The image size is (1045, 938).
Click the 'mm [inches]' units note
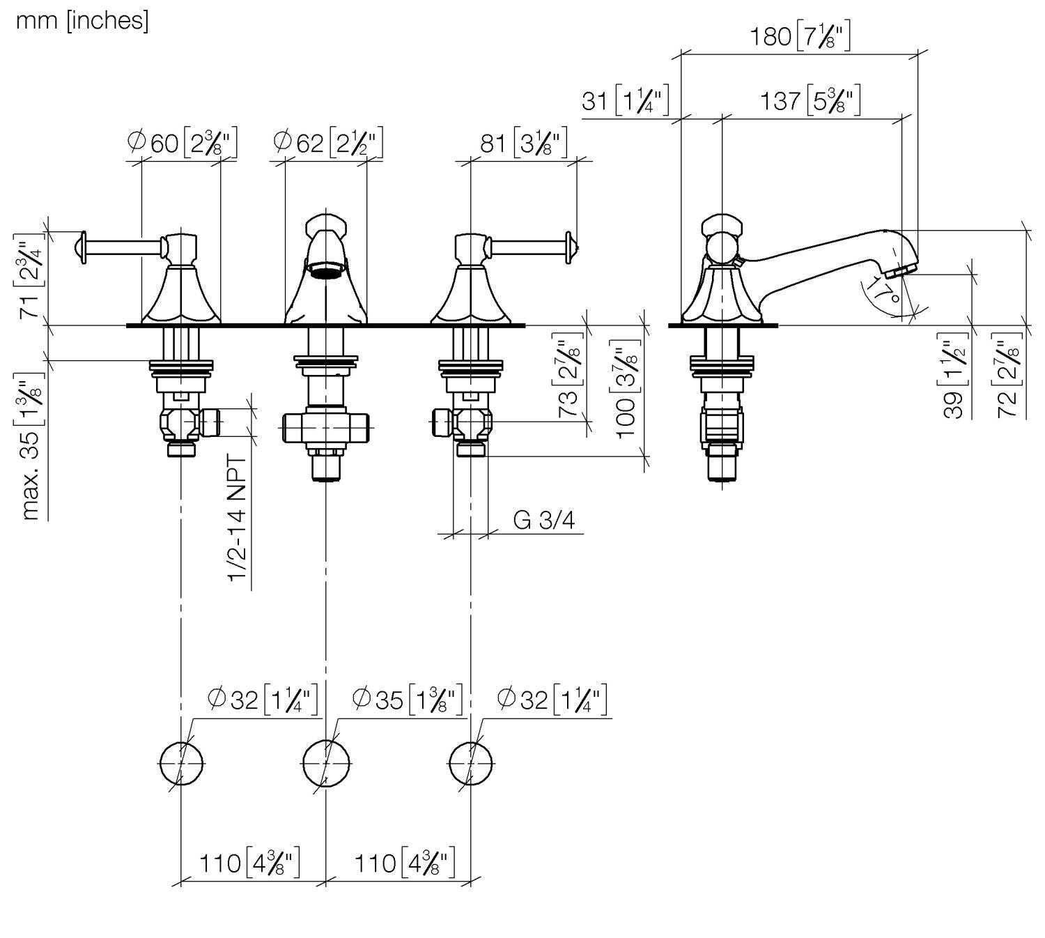(82, 21)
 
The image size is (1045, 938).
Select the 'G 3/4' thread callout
(544, 520)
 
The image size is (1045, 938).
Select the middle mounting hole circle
(326, 762)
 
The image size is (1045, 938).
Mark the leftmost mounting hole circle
(181, 762)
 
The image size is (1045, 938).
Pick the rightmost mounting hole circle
(471, 762)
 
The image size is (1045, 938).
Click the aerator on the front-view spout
(326, 269)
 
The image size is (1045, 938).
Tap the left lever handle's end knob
(79, 247)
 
